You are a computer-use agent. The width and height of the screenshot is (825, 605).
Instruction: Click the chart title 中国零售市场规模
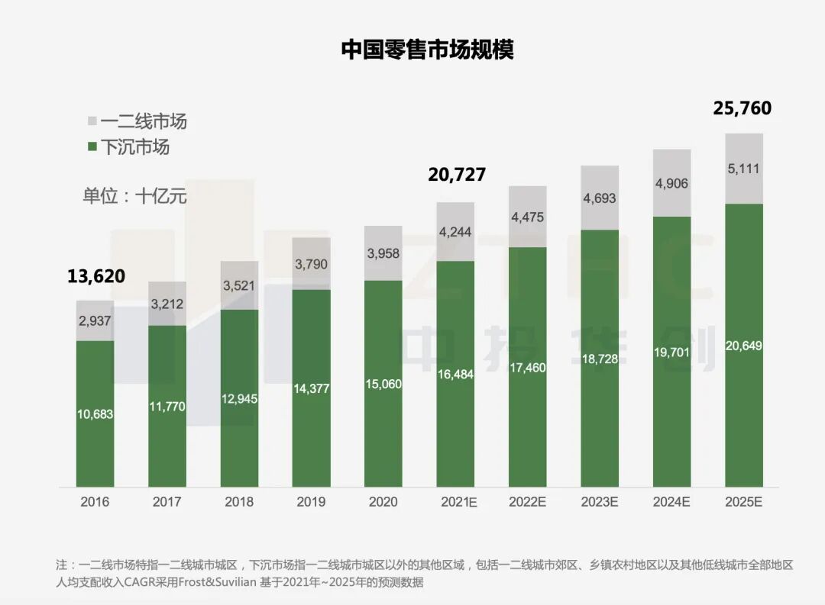(427, 50)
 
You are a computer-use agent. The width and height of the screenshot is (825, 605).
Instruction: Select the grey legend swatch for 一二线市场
(92, 121)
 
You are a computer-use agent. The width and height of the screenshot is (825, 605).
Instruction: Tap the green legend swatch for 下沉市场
(92, 146)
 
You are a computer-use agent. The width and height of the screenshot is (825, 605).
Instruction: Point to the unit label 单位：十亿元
(134, 195)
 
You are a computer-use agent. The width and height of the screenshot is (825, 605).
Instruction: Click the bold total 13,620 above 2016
(95, 276)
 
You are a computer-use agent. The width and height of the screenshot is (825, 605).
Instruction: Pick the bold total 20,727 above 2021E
(457, 175)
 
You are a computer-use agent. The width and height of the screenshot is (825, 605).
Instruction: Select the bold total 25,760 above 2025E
(742, 108)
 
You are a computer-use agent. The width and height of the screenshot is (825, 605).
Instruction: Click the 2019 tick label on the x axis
(311, 502)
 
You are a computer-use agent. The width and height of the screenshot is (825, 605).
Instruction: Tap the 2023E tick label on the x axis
(600, 502)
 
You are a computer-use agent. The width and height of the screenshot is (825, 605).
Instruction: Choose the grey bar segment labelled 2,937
(95, 320)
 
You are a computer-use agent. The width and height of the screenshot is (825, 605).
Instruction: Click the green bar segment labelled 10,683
(95, 414)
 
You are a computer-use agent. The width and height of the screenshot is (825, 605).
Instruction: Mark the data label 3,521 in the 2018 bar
(239, 286)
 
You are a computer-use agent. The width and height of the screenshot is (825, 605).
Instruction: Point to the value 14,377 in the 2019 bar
(311, 388)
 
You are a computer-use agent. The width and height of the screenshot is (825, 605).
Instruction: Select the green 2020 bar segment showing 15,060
(383, 383)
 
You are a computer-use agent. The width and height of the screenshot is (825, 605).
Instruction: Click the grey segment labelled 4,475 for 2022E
(528, 217)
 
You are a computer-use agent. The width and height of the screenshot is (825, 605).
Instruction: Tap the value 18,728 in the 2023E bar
(600, 358)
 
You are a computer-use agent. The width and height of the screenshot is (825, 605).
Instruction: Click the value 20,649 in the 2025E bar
(744, 346)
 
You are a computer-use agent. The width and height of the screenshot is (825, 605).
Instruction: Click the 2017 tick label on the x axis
(167, 502)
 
